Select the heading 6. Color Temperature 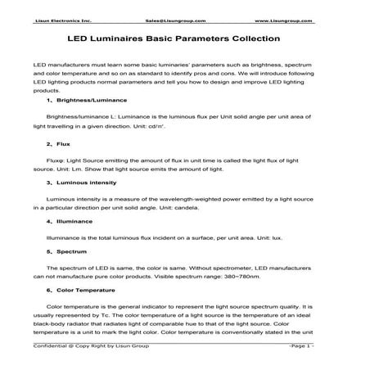[81, 290]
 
